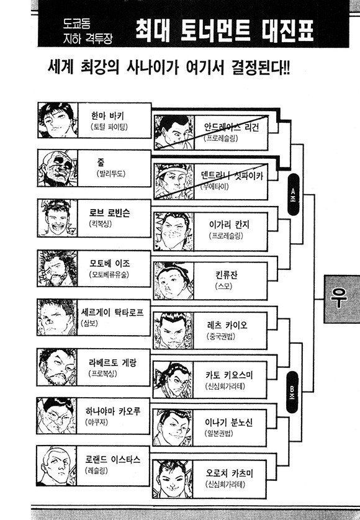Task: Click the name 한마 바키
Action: pos(107,116)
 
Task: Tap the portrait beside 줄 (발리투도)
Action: pos(58,168)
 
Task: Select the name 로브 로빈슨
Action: pos(109,213)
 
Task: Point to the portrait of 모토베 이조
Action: pos(58,268)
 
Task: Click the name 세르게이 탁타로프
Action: pos(112,312)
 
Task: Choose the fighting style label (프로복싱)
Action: pos(103,374)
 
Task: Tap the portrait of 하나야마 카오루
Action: pos(56,416)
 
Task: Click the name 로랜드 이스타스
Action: pos(112,460)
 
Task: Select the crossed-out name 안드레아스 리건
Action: pos(232,127)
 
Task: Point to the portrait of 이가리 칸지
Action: pos(174,231)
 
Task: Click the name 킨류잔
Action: pos(227,275)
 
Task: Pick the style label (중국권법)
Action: pos(220,336)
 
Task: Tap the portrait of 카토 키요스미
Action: pos(173,380)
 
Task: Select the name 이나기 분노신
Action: pos(228,422)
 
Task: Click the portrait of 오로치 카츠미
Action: pos(172,478)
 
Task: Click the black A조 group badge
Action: pos(293,194)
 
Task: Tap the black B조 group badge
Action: pos(292,392)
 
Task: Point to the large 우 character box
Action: pos(342,298)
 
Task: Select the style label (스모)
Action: pos(223,286)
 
